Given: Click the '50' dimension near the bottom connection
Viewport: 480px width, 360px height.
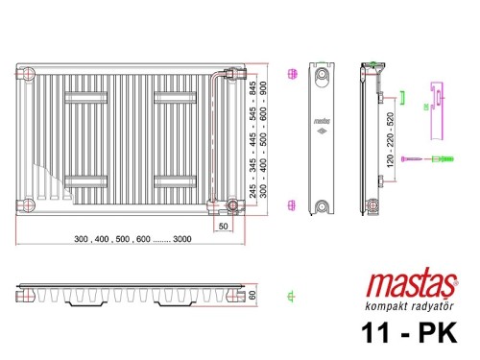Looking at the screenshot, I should (x=223, y=227).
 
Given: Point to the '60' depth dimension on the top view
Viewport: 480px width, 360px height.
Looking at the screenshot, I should (x=253, y=293).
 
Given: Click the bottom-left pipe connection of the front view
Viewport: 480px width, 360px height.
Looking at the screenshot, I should (x=29, y=204).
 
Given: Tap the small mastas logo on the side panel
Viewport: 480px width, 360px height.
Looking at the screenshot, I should (x=322, y=121).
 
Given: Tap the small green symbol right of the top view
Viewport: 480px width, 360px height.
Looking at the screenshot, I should (x=292, y=294).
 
